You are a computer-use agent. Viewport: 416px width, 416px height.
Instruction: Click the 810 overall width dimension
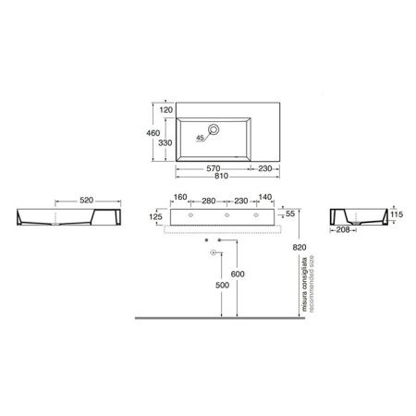point(221,176)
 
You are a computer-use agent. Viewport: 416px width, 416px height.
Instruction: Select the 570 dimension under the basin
point(214,168)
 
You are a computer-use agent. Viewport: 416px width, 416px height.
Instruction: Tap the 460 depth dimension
point(153,133)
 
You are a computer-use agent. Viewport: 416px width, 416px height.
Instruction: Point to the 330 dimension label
point(165,143)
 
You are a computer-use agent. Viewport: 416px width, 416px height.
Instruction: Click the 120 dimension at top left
point(166,110)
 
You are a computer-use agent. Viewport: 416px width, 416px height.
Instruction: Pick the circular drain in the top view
point(214,129)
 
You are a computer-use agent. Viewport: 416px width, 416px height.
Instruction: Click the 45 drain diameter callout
point(201,138)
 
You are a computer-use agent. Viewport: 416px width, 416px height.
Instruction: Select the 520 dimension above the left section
point(86,201)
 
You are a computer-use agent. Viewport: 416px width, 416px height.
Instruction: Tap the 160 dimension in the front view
point(180,197)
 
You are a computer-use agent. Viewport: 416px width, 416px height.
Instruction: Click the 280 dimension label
point(209,201)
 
